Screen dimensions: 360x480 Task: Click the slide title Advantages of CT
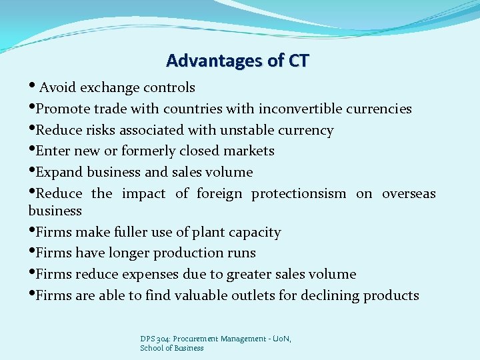(237, 61)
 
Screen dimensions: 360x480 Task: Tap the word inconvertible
(301, 109)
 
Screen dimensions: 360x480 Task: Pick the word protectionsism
(299, 193)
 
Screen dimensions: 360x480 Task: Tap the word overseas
(409, 193)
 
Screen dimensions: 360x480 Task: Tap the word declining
(327, 295)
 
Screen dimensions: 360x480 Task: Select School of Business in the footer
(172, 348)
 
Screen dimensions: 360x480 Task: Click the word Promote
(62, 109)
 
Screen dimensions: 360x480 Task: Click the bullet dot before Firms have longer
(31, 252)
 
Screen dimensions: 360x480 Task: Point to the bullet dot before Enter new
(31, 151)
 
